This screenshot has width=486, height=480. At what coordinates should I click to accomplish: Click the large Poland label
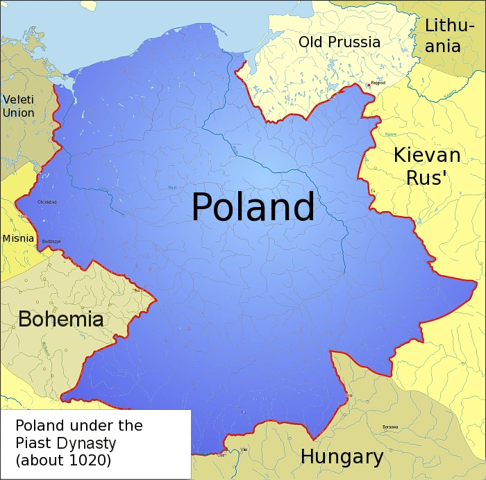click(x=253, y=207)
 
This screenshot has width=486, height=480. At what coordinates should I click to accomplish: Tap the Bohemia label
click(x=61, y=320)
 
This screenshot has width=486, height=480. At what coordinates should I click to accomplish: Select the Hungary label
click(x=342, y=457)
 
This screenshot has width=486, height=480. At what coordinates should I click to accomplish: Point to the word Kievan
click(x=427, y=155)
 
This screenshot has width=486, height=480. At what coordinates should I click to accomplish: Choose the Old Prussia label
click(x=340, y=42)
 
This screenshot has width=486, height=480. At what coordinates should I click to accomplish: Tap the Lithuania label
click(x=451, y=36)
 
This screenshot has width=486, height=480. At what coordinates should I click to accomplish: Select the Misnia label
click(x=18, y=238)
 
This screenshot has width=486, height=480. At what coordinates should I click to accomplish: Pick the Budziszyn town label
click(x=51, y=241)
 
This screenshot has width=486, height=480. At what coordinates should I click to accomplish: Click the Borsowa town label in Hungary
click(x=390, y=427)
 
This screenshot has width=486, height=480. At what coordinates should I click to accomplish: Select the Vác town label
click(x=244, y=449)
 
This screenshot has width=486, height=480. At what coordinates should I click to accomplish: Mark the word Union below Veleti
click(x=18, y=113)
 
